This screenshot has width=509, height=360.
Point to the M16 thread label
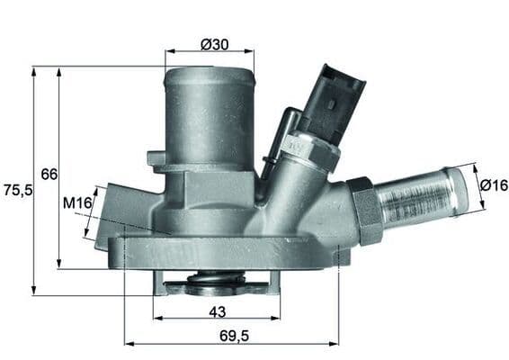(x=78, y=204)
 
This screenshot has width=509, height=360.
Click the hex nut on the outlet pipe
(x=363, y=210)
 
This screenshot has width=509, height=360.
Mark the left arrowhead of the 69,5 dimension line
(x=126, y=343)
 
